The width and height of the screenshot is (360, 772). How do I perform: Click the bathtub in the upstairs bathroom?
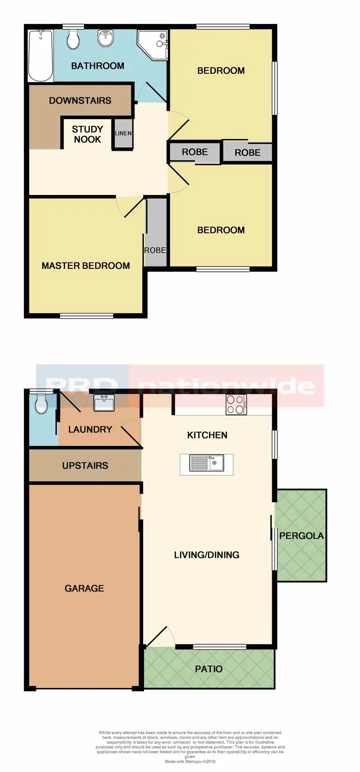click(x=40, y=55)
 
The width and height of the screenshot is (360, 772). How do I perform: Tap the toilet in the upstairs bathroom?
click(x=73, y=39)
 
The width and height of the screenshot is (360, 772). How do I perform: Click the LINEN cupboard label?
click(x=123, y=133)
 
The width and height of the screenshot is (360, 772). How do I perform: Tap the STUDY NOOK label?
click(x=87, y=134)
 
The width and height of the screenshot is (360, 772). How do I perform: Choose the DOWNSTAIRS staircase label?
click(x=80, y=100)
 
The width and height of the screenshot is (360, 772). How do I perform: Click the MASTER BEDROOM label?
click(x=85, y=265)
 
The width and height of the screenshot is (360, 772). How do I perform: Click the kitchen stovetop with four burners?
click(x=236, y=404)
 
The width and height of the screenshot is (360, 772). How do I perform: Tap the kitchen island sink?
click(x=207, y=464)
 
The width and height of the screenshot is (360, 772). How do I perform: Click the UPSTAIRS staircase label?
click(x=85, y=465)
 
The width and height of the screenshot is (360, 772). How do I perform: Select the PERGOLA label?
click(x=301, y=536)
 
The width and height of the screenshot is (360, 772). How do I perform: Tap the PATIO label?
click(x=209, y=669)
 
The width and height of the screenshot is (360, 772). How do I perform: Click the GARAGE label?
click(x=84, y=588)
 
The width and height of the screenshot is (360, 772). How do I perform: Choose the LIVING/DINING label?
click(x=206, y=555)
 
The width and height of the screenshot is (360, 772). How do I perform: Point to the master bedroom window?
click(x=87, y=315)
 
